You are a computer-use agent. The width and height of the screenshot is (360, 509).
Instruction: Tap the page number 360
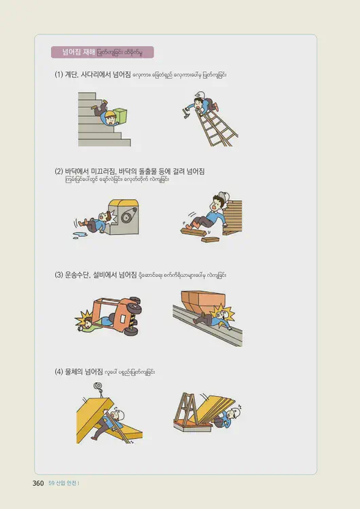[x=38, y=483]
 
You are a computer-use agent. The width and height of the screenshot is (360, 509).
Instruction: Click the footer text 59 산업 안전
[x=64, y=483]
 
